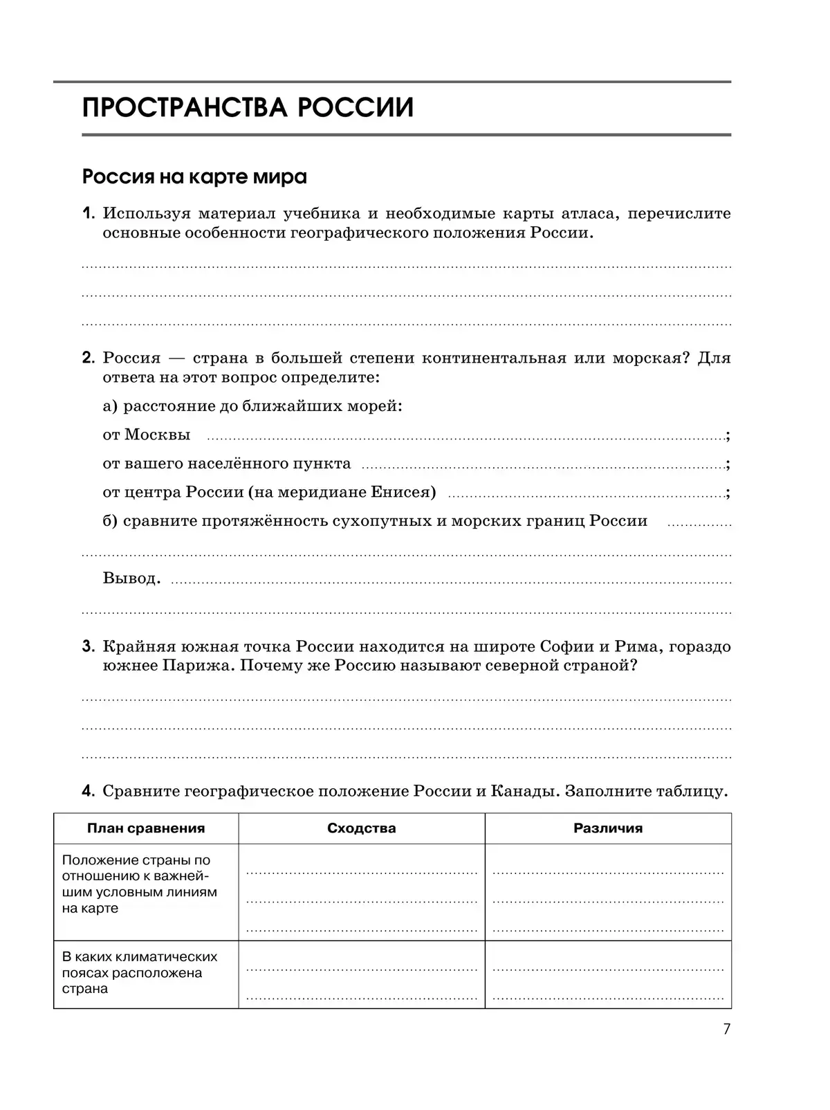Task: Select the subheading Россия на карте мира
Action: [x=194, y=177]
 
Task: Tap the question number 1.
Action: [x=87, y=213]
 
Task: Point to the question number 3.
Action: [x=88, y=646]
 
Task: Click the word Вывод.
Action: [x=131, y=578]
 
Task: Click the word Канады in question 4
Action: [x=524, y=791]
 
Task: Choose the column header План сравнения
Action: [x=146, y=828]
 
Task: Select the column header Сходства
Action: [x=361, y=828]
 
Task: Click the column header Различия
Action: [x=608, y=828]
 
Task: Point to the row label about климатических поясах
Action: [x=139, y=972]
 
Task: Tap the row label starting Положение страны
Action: [x=139, y=884]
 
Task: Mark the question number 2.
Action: [x=88, y=358]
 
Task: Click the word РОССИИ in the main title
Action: [x=356, y=108]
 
